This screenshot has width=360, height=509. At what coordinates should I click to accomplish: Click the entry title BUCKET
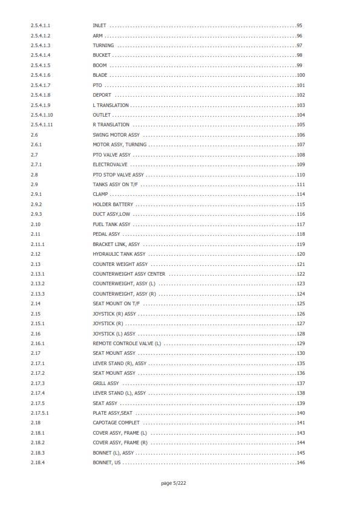coord(101,56)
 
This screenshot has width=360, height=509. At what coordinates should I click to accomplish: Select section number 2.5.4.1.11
coord(42,125)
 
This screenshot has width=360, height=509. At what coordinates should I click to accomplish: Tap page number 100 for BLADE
coord(301,76)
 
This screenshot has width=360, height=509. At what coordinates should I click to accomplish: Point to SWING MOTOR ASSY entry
coord(116,135)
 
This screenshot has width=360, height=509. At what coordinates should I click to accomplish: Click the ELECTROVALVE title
coord(110,164)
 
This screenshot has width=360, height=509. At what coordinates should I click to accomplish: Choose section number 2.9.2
coord(36,204)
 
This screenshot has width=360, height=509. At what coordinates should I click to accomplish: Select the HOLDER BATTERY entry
coord(113,204)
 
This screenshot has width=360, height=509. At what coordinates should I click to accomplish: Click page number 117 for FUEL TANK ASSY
coord(301,224)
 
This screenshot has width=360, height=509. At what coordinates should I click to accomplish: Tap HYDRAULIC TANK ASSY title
coord(119,254)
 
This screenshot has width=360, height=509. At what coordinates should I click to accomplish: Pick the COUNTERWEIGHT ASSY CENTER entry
coord(129,274)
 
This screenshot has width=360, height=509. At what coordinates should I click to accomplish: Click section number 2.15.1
coord(38,323)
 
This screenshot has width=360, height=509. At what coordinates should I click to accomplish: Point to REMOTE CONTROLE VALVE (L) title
coord(127,343)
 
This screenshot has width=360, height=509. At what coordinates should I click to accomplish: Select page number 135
coord(301,363)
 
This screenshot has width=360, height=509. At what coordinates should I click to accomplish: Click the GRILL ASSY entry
coord(106,383)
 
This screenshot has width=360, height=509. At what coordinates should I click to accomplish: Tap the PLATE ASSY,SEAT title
coord(113,413)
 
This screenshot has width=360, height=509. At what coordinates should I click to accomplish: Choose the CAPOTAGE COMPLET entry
coord(116,423)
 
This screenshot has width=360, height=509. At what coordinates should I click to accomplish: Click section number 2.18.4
coord(38,462)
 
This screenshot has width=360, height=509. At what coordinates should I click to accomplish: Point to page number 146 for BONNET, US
coord(301,462)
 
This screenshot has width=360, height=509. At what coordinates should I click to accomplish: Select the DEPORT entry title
coord(102,96)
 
